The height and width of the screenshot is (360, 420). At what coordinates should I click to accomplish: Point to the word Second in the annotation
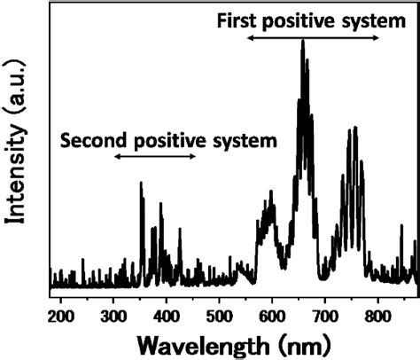point(89,139)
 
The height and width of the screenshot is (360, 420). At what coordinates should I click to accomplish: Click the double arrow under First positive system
point(314,39)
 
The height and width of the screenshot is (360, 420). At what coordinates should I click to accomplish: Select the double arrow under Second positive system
point(155,157)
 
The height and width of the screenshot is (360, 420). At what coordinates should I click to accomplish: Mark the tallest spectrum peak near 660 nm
point(303,41)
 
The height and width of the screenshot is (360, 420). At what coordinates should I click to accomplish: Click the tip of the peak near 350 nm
point(141,184)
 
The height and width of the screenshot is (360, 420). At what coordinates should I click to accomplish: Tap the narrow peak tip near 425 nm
point(180,230)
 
